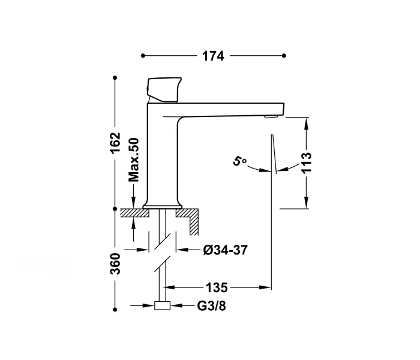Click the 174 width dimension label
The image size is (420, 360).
[x=212, y=56]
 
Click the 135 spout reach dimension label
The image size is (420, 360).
[x=215, y=286]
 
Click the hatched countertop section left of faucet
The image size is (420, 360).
[x=131, y=212]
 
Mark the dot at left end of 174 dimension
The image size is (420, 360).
[x=143, y=56]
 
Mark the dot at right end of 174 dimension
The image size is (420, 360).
[x=284, y=56]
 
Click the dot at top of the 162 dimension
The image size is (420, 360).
[x=115, y=78]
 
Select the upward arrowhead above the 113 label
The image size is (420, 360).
[x=307, y=124]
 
